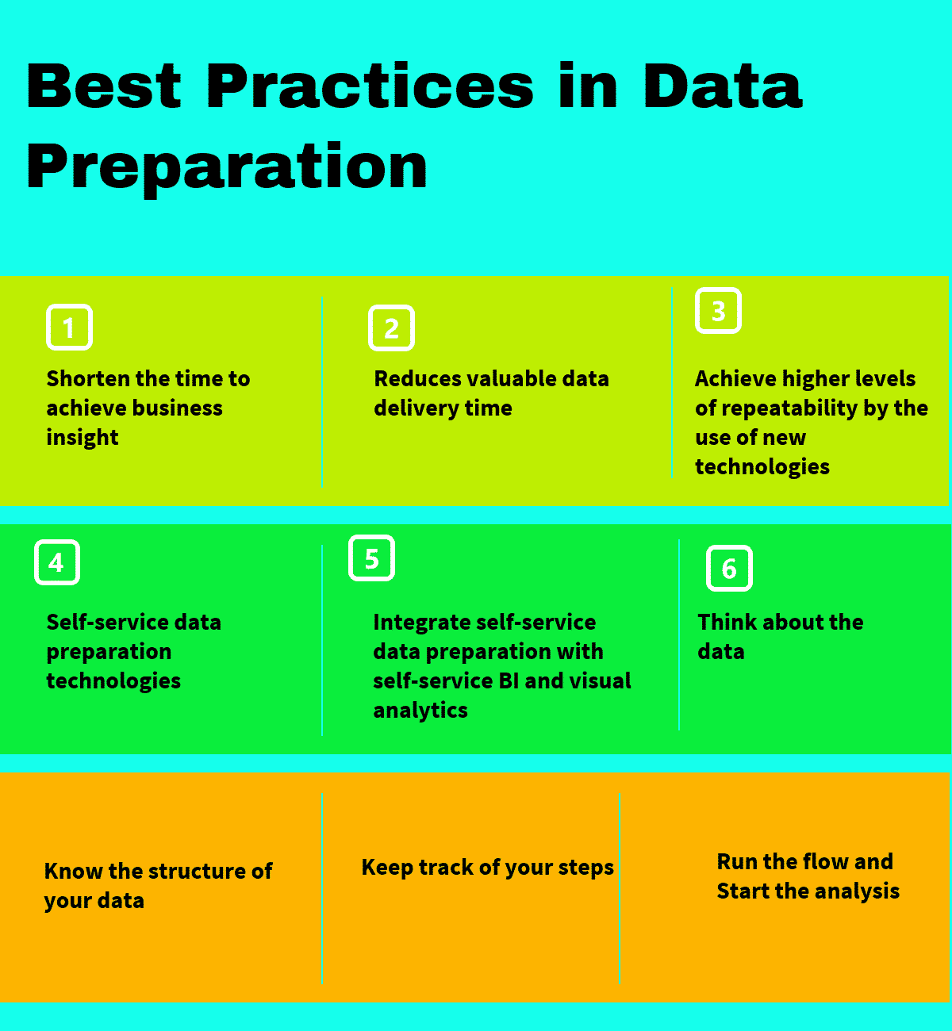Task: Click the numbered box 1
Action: [69, 327]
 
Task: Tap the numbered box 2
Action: [391, 328]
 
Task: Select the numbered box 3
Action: [718, 310]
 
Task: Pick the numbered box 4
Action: [56, 562]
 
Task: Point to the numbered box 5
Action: [371, 558]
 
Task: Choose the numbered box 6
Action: [729, 568]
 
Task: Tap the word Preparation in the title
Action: [227, 167]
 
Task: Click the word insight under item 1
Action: [83, 438]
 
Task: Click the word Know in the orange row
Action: [74, 872]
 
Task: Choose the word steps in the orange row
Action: [585, 868]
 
